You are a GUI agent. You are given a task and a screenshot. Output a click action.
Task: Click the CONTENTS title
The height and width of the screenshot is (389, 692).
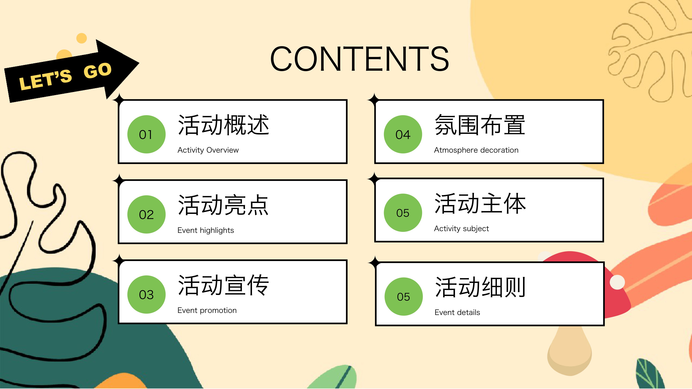(359, 59)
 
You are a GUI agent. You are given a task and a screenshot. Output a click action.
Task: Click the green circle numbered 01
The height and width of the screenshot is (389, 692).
(146, 134)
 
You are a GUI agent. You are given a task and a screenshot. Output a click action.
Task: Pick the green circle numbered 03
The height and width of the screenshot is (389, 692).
(146, 294)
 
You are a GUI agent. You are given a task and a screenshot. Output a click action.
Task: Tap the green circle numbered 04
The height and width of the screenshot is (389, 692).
(403, 134)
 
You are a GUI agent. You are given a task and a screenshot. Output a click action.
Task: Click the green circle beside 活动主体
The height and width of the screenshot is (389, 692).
(403, 213)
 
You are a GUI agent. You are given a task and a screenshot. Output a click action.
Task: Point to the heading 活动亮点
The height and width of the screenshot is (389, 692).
(223, 205)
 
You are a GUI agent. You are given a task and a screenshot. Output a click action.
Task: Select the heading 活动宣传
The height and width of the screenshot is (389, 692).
(223, 285)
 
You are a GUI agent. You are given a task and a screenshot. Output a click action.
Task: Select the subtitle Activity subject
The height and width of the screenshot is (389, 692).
(461, 228)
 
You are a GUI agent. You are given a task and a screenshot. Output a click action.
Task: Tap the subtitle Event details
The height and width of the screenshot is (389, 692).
(457, 312)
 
